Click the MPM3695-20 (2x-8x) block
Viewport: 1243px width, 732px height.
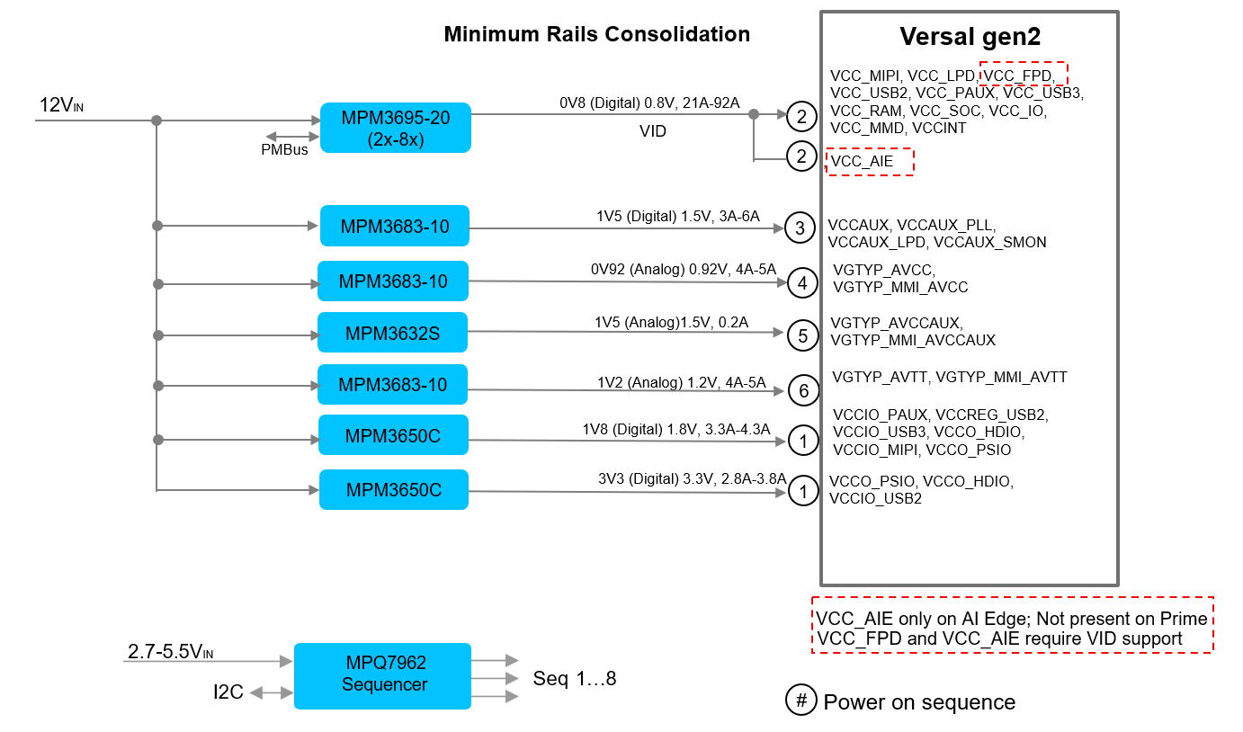coord(396,128)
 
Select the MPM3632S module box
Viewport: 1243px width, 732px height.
coord(392,333)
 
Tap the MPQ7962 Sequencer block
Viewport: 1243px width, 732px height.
coord(383,674)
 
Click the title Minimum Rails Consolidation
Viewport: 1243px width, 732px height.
coord(596,35)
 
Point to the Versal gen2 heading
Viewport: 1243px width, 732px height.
coord(969,37)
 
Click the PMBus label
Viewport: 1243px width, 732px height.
coord(284,150)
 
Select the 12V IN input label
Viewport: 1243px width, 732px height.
coord(61,106)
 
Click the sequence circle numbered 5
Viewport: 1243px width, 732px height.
coord(802,336)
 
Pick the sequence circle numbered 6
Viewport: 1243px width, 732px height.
coord(803,390)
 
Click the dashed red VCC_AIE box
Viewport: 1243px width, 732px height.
coord(870,162)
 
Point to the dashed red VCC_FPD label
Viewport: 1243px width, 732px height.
coord(1023,75)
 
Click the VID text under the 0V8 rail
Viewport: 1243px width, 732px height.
coord(653,131)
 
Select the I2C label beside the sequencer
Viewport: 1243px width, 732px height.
coord(228,692)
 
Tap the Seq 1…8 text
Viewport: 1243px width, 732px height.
coord(575,678)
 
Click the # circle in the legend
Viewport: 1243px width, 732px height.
coord(800,701)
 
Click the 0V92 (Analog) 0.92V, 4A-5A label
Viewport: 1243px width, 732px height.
coord(684,269)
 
